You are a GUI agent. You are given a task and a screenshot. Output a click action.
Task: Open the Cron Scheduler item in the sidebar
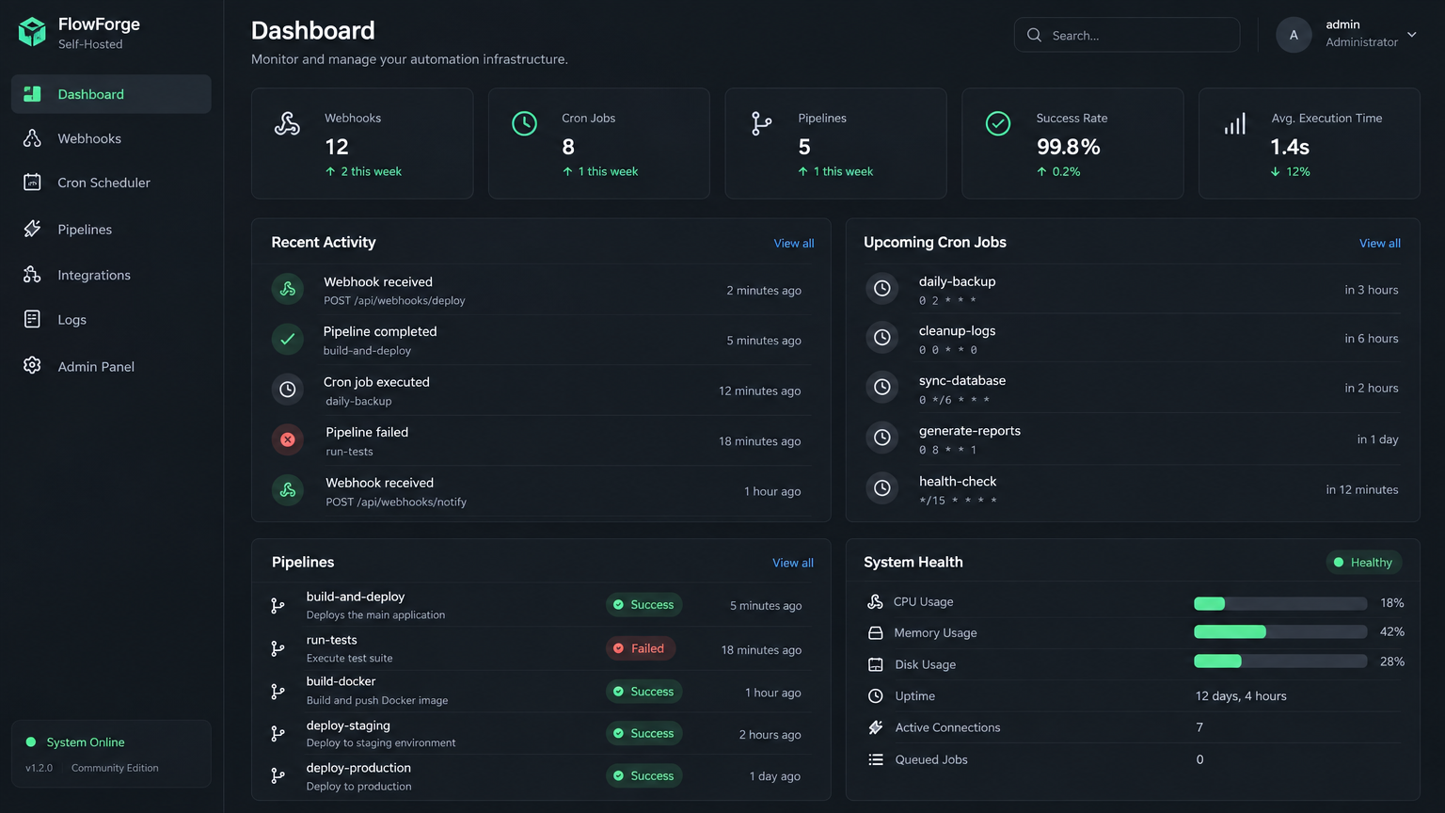(x=103, y=183)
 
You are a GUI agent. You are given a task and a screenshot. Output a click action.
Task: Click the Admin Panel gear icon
(x=32, y=365)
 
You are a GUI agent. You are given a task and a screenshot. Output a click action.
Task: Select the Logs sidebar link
(x=71, y=319)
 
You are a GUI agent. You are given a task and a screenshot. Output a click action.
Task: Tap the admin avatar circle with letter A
(x=1294, y=35)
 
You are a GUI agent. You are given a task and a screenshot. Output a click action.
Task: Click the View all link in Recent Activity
(x=793, y=244)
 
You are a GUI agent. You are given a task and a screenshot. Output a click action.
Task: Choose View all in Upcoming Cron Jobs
(x=1380, y=244)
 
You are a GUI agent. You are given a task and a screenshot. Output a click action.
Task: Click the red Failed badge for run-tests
(x=641, y=648)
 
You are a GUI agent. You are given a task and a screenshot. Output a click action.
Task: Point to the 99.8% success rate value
(x=1068, y=147)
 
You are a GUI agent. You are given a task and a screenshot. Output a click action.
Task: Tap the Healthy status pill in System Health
(x=1364, y=562)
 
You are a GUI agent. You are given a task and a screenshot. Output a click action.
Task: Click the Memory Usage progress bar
(x=1279, y=631)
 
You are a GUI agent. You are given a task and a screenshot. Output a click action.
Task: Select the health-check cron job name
(x=958, y=482)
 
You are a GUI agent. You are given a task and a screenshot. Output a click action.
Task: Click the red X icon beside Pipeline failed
(x=288, y=440)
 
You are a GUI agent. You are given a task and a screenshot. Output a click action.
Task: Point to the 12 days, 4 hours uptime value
(x=1241, y=695)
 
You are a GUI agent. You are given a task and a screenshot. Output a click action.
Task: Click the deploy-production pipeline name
(x=358, y=768)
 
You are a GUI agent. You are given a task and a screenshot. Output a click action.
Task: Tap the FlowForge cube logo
(x=32, y=32)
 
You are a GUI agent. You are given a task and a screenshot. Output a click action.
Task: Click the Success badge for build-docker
(x=643, y=692)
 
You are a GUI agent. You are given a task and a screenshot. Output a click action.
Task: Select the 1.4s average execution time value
(x=1290, y=147)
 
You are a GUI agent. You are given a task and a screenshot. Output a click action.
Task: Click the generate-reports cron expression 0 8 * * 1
(x=947, y=450)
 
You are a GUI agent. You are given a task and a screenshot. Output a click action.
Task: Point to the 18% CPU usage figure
(x=1392, y=602)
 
